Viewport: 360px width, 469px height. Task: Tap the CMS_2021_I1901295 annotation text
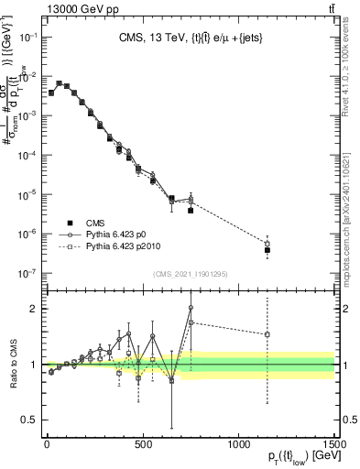(x=190, y=274)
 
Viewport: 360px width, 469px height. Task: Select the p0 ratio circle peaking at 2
(x=191, y=308)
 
